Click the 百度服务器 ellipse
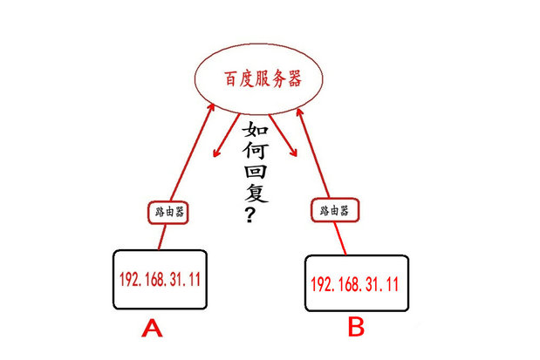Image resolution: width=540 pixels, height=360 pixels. pos(259,79)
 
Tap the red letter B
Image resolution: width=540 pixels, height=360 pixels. pos(356,328)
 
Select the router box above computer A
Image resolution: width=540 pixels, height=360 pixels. pos(166,211)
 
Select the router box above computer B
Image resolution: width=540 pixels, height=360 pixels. pos(334,211)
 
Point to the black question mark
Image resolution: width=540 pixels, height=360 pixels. pos(250,214)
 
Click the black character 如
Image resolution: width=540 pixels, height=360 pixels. pos(255,132)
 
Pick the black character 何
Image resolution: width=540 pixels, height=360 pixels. pos(254,154)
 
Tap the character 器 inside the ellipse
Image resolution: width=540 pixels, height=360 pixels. pos(293,79)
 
